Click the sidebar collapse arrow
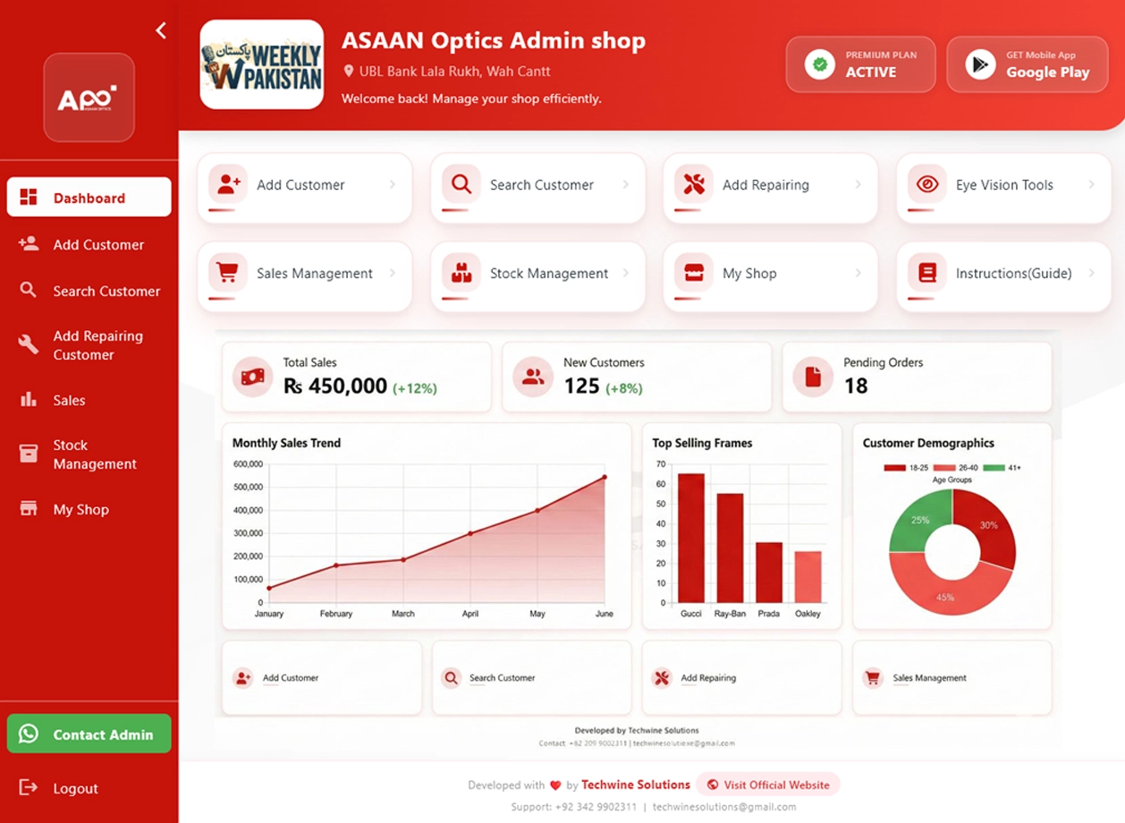click(161, 31)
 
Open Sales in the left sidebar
click(69, 400)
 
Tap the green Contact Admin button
click(89, 734)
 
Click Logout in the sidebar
click(75, 788)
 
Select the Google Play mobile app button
click(1028, 64)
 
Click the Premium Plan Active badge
click(860, 64)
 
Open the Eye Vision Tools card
click(1003, 185)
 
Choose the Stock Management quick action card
click(537, 274)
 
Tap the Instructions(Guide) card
click(1003, 274)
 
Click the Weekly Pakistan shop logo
click(261, 64)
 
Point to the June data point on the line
click(605, 477)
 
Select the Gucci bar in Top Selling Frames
click(691, 538)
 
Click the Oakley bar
click(808, 577)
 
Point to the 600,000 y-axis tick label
click(248, 464)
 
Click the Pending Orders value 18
click(856, 386)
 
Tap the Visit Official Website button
click(768, 785)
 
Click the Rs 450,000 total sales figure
click(335, 386)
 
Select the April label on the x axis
click(470, 614)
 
